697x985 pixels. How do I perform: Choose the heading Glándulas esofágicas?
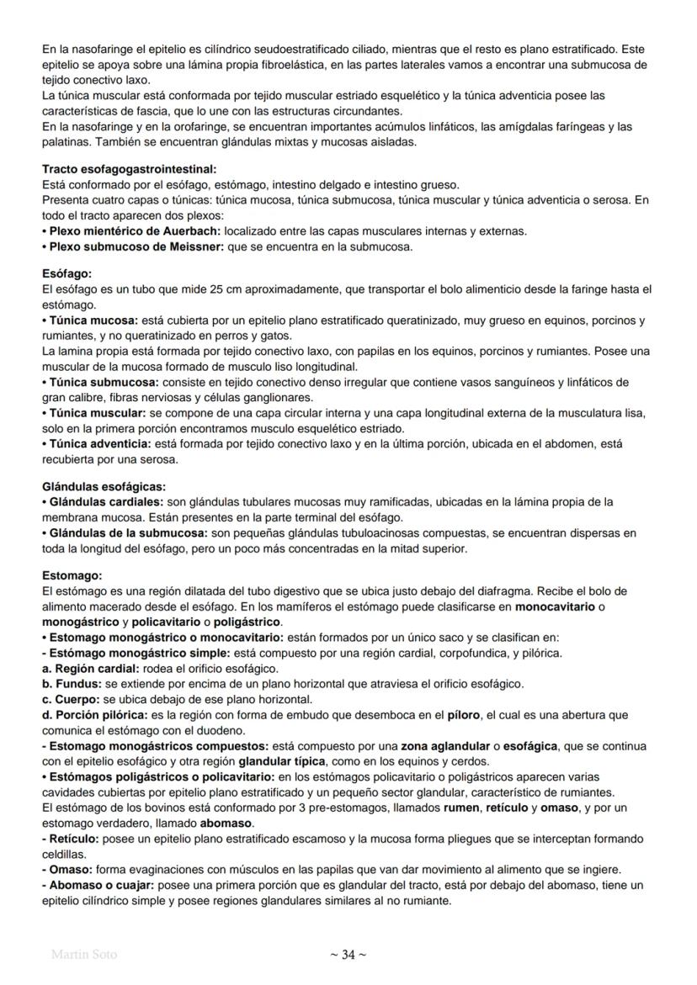pyautogui.click(x=104, y=486)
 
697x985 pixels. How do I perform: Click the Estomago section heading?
pyautogui.click(x=72, y=576)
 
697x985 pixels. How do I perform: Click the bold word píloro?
pyautogui.click(x=463, y=714)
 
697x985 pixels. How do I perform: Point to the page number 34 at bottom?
pyautogui.click(x=348, y=954)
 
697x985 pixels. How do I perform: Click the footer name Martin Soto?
pyautogui.click(x=84, y=955)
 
